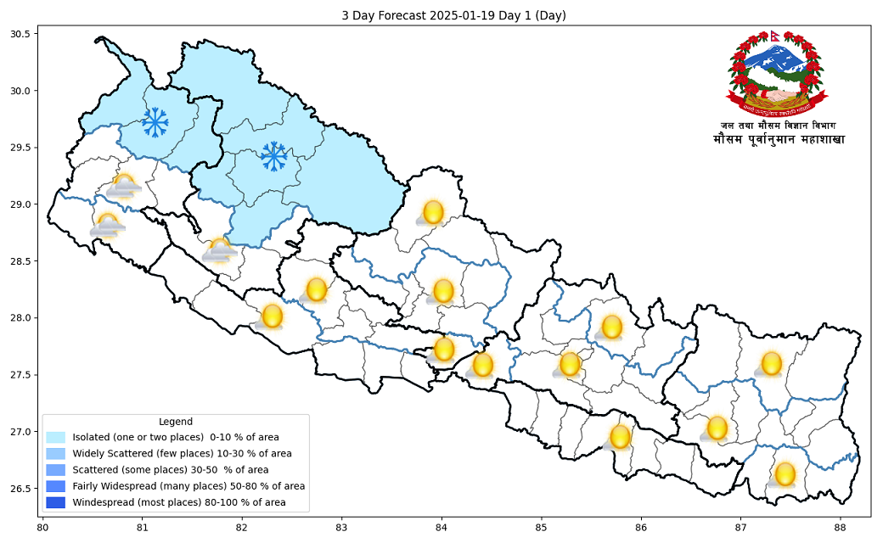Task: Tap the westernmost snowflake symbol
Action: click(155, 122)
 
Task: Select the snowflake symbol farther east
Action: click(273, 155)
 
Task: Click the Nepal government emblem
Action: click(776, 75)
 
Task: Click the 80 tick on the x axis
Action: click(42, 527)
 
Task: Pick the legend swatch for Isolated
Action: click(56, 438)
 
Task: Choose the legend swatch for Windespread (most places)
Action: click(56, 503)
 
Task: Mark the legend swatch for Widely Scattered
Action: click(56, 454)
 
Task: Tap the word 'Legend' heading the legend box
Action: click(175, 422)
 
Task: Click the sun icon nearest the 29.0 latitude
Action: click(433, 212)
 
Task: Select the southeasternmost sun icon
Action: click(784, 474)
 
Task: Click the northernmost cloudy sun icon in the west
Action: click(124, 186)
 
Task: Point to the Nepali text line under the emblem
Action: click(779, 139)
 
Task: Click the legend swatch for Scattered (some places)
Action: click(56, 470)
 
